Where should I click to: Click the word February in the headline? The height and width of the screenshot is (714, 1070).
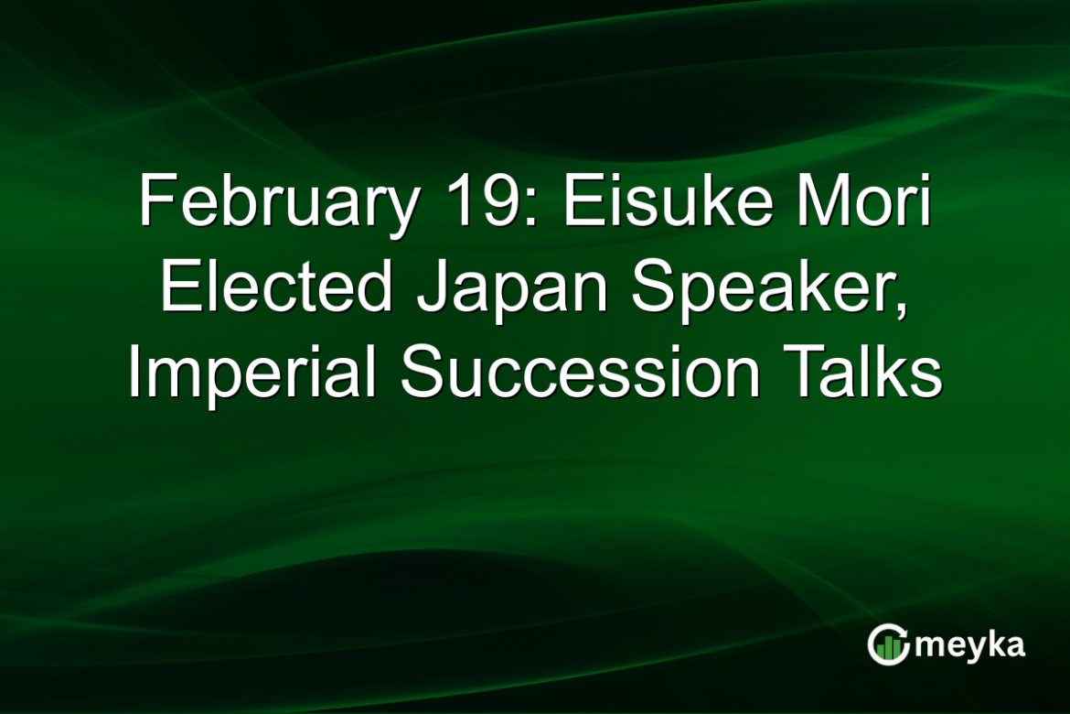[x=275, y=203]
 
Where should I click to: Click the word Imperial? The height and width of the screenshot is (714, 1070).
[x=255, y=375]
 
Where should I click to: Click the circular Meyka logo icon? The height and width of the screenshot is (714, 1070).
[x=888, y=644]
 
